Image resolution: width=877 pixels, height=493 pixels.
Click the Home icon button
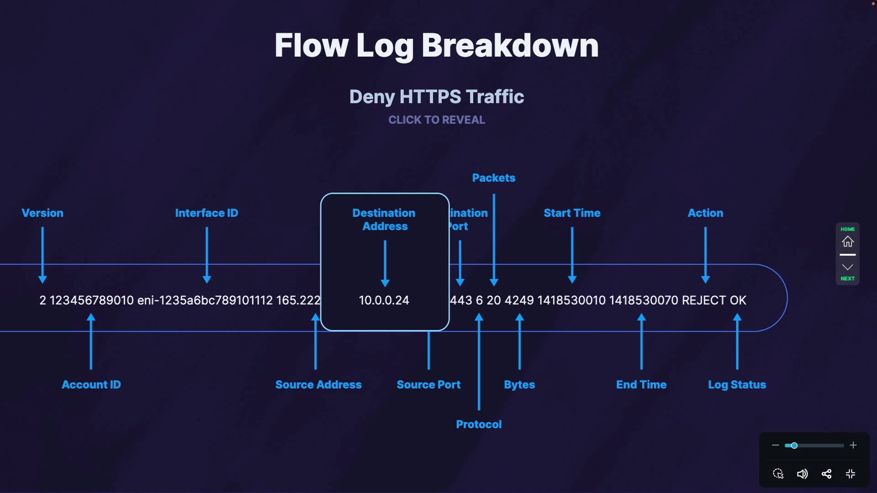pos(848,241)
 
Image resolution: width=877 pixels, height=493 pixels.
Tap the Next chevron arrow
pos(848,267)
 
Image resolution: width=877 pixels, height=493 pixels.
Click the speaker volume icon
pos(802,474)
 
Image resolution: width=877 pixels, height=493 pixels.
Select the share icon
pos(826,474)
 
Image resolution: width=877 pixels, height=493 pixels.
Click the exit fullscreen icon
pos(851,474)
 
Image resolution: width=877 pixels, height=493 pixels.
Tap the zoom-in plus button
pos(853,445)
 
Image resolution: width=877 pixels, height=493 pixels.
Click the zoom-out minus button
pos(775,445)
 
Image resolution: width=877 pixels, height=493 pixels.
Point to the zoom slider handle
pos(794,446)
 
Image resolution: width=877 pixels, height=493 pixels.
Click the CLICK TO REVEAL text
pos(437,120)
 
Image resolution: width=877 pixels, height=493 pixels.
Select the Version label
pos(42,213)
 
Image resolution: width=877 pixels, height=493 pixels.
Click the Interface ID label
pos(206,213)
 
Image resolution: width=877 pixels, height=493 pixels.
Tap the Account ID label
pos(91,384)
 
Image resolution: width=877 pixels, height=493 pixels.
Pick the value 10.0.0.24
pos(384,300)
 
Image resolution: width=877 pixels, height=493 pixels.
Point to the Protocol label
pos(479,424)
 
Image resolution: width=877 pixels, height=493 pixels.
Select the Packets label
pos(494,178)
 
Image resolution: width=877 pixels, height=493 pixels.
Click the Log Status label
pos(737,384)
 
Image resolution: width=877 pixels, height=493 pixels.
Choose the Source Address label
pos(318,384)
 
